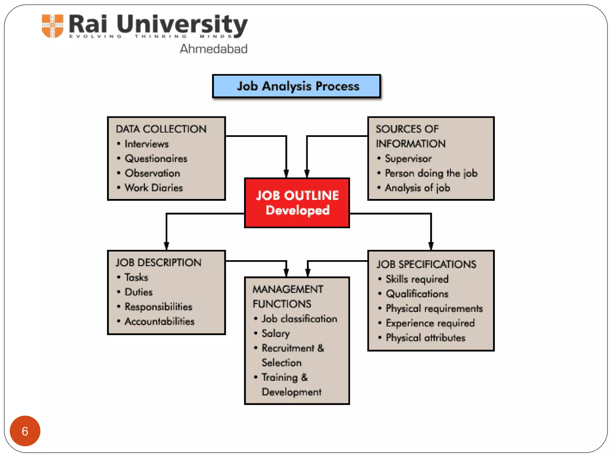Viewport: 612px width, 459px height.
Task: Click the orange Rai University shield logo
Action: click(x=53, y=26)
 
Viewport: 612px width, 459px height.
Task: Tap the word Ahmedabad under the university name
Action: click(x=213, y=49)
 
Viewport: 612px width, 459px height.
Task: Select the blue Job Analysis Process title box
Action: click(x=296, y=86)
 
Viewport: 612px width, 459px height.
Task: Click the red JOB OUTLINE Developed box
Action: click(x=297, y=203)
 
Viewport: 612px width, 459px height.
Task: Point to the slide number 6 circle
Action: click(x=25, y=431)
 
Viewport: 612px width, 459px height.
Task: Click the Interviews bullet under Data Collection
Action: click(x=146, y=144)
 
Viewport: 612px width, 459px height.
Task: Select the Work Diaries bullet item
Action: click(x=154, y=188)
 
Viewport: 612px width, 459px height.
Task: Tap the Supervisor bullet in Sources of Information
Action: click(x=408, y=158)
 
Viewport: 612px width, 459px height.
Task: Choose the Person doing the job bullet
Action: click(x=431, y=173)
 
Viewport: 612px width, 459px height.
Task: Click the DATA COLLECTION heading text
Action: click(x=161, y=129)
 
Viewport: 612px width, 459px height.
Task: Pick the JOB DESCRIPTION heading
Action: click(x=158, y=263)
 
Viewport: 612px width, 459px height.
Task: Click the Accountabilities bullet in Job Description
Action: click(x=159, y=322)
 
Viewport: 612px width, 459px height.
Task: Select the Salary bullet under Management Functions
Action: click(x=276, y=333)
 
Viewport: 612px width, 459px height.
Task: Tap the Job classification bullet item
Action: click(x=299, y=319)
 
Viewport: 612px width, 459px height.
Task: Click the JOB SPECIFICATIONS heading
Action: click(x=426, y=264)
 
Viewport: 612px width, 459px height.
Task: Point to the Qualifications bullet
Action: click(x=417, y=294)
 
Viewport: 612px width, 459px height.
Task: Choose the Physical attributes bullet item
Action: click(x=426, y=338)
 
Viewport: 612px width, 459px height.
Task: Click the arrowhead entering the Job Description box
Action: click(x=166, y=246)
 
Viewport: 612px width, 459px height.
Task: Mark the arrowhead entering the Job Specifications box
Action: click(x=431, y=246)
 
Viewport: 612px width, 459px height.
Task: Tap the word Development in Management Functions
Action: click(x=291, y=392)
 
